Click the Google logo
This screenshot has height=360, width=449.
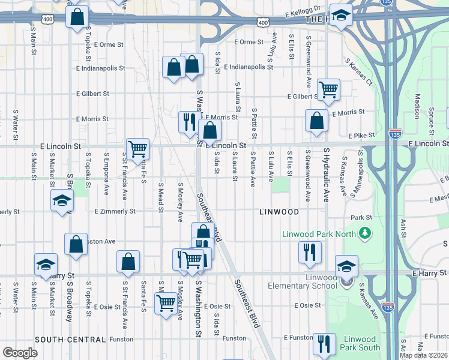pyautogui.click(x=20, y=353)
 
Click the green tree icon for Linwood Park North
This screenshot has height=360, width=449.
pyautogui.click(x=364, y=233)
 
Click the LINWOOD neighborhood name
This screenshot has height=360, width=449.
pyautogui.click(x=279, y=212)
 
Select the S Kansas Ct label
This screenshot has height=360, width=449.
pyautogui.click(x=358, y=71)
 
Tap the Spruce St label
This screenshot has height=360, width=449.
pyautogui.click(x=431, y=119)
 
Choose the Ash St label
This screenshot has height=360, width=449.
pyautogui.click(x=403, y=229)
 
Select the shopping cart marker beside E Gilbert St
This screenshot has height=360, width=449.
pyautogui.click(x=328, y=90)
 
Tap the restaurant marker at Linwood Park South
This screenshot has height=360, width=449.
pyautogui.click(x=324, y=344)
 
